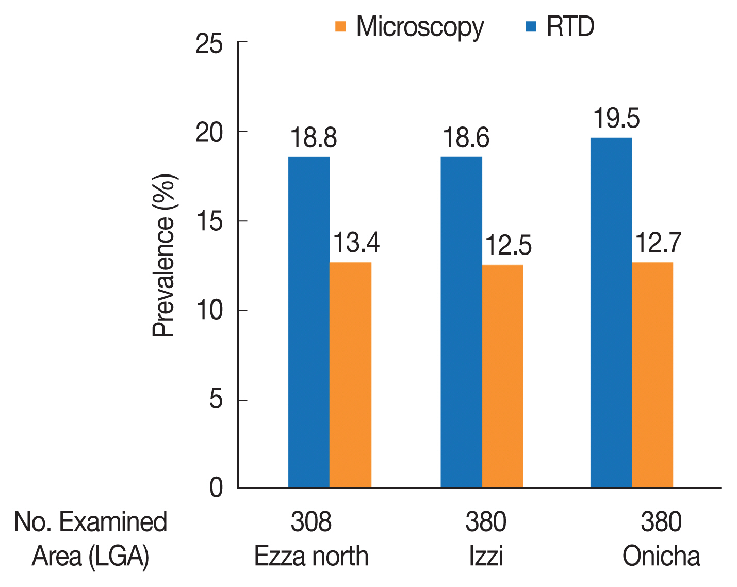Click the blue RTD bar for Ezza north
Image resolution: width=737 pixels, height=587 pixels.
[308, 323]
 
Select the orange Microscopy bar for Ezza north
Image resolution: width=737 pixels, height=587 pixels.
[350, 375]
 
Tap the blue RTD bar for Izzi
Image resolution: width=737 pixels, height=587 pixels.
[461, 323]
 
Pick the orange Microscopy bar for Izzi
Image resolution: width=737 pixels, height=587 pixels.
[502, 377]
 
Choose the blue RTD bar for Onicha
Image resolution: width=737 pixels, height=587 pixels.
[611, 313]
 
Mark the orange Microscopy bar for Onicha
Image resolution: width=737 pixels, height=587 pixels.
[652, 375]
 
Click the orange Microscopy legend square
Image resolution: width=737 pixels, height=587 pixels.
[340, 26]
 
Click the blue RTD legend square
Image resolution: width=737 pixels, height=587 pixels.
[531, 26]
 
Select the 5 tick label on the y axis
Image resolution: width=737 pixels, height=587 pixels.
[216, 401]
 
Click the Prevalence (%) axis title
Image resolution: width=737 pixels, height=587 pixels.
[165, 256]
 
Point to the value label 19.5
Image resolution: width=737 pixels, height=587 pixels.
[616, 119]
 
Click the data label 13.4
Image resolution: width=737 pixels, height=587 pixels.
[356, 243]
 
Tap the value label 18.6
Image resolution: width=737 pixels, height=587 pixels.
[466, 138]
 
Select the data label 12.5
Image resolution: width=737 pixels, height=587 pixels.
[508, 246]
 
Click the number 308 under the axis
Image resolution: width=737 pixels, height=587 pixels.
[311, 522]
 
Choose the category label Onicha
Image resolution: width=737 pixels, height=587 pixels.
[661, 557]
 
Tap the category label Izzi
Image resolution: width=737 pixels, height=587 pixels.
[486, 557]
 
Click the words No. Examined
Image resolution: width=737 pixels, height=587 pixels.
[91, 522]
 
